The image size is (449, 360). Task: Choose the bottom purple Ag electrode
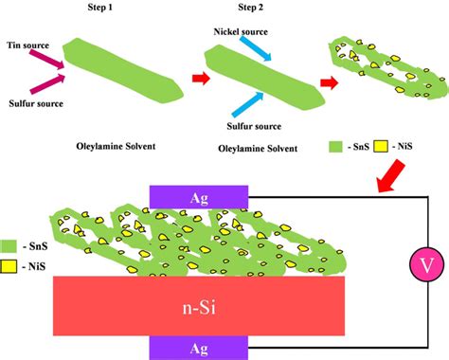click(200, 347)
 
